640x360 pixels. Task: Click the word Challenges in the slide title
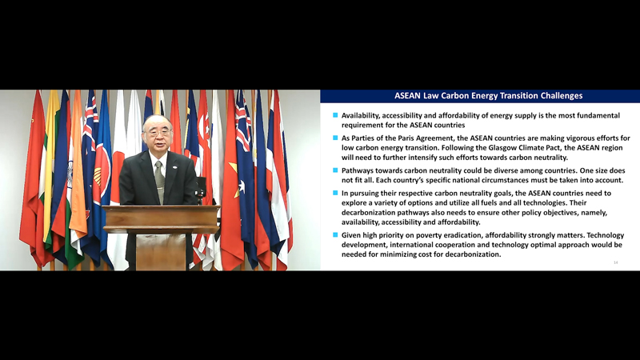coord(562,96)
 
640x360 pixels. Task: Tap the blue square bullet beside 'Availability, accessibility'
coord(335,115)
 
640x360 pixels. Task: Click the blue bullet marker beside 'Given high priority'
coord(335,234)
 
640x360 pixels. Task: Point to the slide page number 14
coord(615,262)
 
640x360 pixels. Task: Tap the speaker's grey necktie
coord(159,182)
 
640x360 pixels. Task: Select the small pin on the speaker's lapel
coord(174,167)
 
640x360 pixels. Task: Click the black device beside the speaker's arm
coord(201,188)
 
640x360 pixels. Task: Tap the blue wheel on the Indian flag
coord(70,174)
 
